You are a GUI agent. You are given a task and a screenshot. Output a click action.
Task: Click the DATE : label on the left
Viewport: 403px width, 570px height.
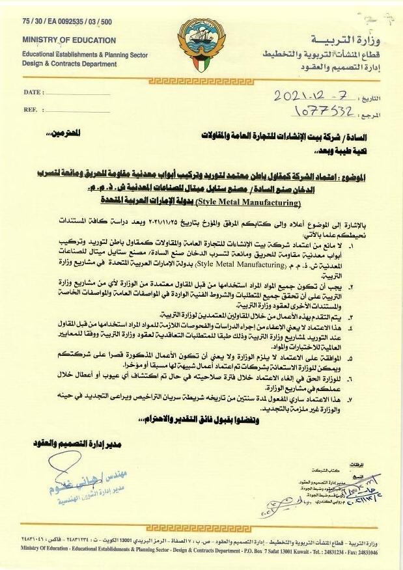click(x=33, y=92)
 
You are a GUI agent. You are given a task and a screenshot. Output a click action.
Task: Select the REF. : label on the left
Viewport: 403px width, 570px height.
click(x=31, y=109)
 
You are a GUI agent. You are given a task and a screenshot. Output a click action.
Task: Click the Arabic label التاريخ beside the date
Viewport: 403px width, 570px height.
click(x=372, y=99)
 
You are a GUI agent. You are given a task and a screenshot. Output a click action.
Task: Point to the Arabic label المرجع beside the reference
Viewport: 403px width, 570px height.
click(x=373, y=115)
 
